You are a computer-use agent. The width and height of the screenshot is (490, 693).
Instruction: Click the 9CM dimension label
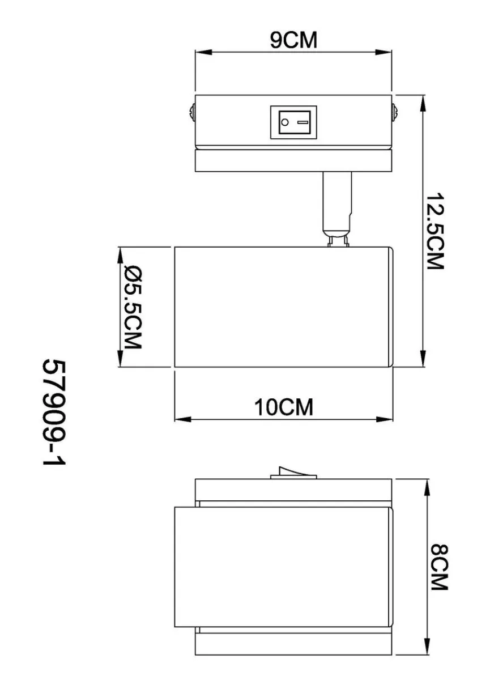(293, 40)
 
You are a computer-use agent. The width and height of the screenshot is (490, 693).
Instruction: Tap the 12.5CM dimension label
(435, 231)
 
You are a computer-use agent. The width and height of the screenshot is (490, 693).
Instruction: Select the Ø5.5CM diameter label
(133, 308)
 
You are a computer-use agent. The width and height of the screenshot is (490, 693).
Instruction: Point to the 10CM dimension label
(284, 407)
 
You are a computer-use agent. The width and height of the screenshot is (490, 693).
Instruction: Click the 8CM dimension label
(440, 567)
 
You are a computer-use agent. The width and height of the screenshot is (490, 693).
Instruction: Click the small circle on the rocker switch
(284, 122)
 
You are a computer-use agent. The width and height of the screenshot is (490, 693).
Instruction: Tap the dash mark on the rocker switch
(302, 122)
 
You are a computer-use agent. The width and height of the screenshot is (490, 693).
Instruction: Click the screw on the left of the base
(192, 112)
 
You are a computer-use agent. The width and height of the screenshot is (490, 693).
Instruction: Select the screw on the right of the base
(395, 112)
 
